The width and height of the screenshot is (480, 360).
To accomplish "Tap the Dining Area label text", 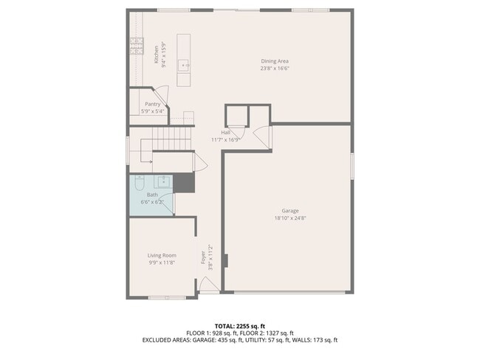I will tap(274, 60).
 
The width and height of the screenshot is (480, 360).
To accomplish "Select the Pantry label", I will tap(153, 104).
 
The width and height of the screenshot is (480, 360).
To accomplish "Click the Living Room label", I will tap(162, 255).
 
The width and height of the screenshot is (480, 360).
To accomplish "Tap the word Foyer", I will tap(203, 257).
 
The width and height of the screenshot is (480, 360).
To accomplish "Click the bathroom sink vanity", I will tap(164, 181).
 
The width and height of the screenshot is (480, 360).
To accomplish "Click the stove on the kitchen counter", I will tap(137, 46).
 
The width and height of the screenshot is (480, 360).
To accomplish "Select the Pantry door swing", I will tap(164, 94).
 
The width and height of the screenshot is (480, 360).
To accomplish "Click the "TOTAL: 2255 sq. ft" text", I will tap(239, 325).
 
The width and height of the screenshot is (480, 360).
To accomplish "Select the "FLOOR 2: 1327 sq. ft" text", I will tap(267, 333).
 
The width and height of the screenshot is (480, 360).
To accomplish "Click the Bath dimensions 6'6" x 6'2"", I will tap(153, 201).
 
